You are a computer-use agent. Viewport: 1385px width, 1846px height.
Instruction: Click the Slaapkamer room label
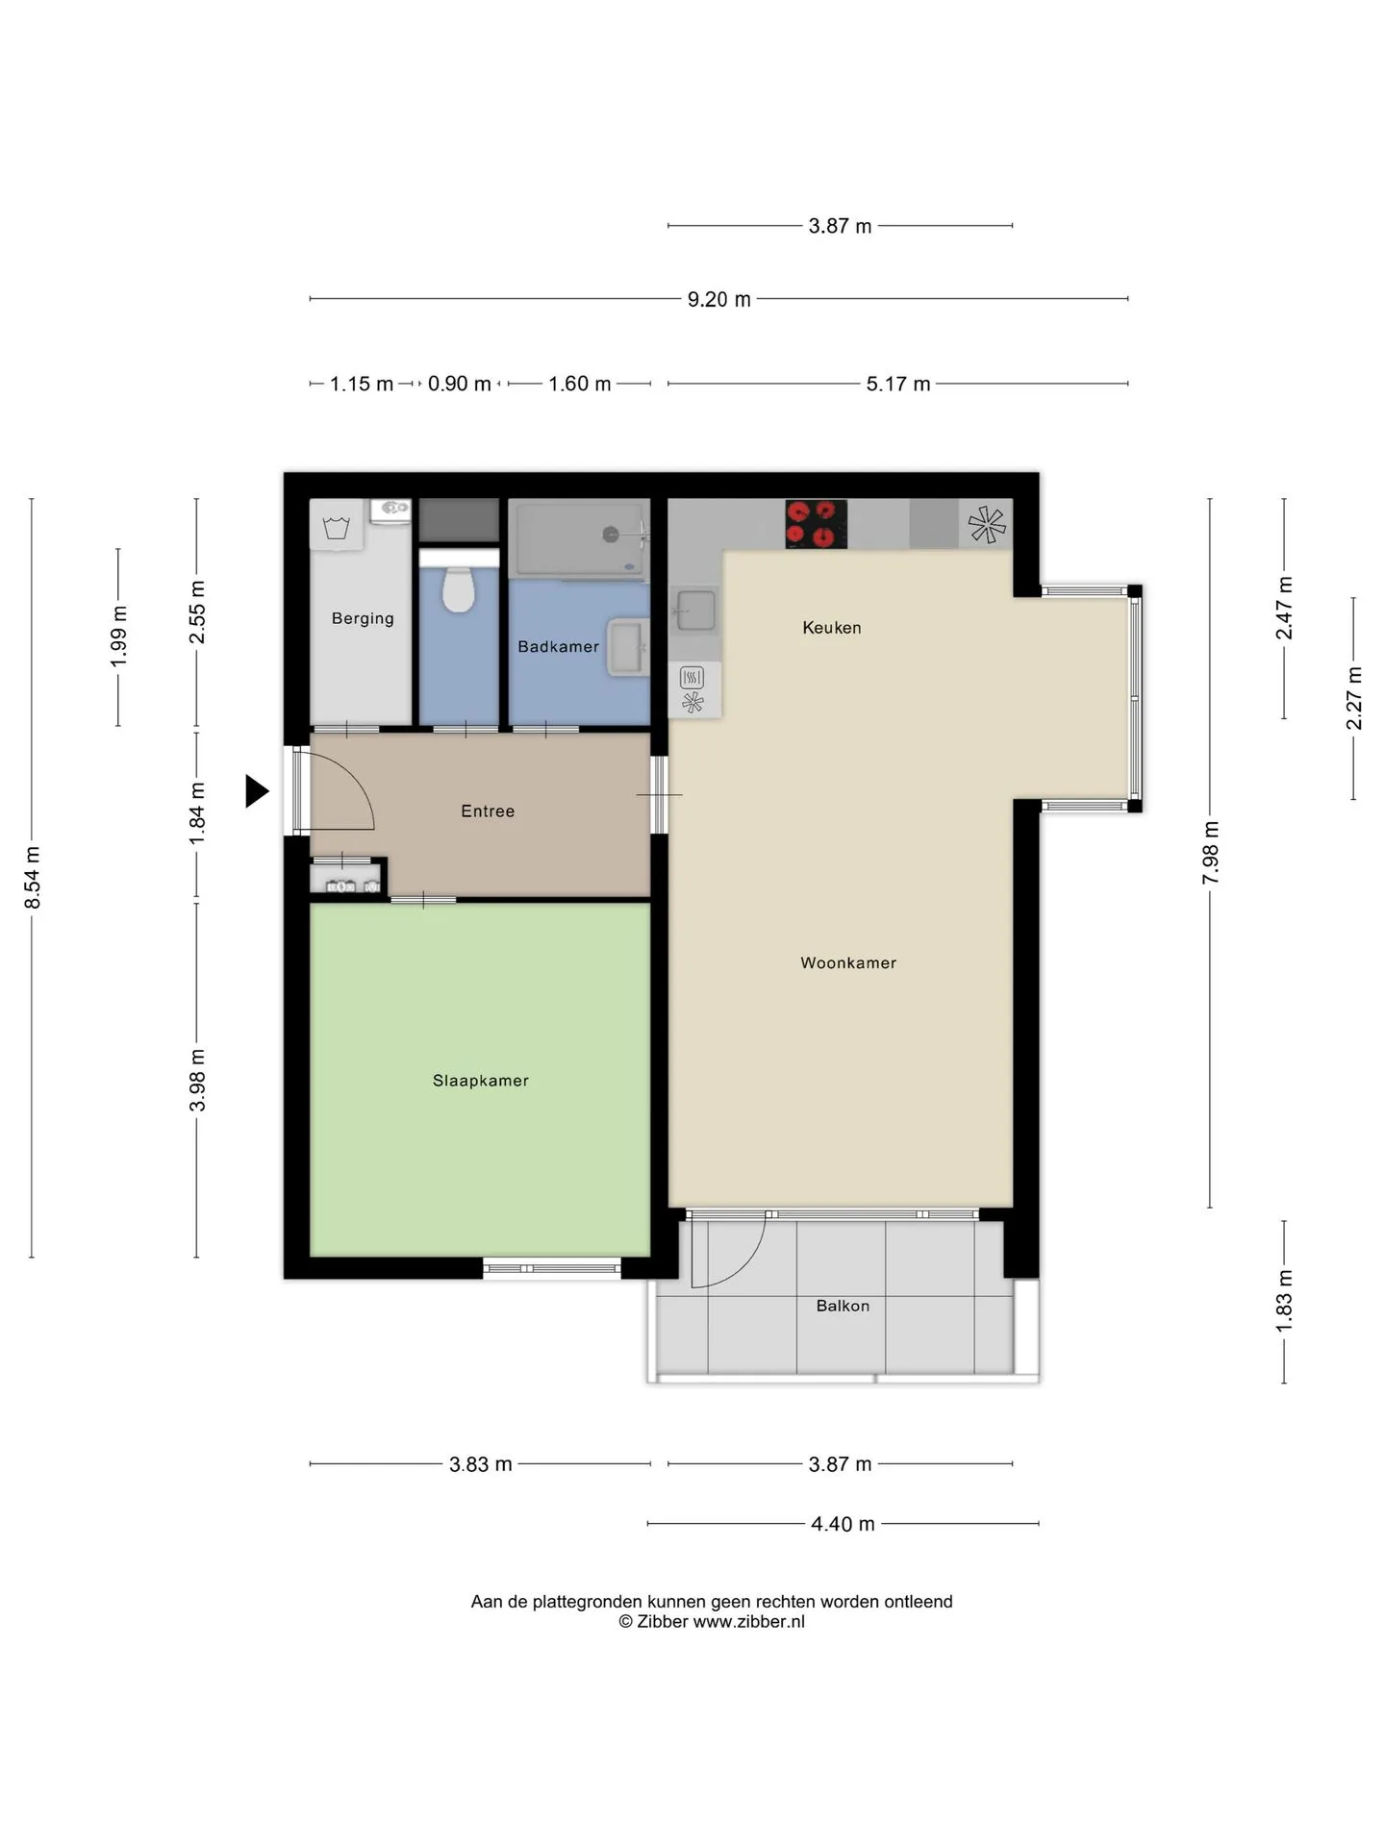[x=480, y=1081]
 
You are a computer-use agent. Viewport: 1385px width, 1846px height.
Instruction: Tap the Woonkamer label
[x=848, y=962]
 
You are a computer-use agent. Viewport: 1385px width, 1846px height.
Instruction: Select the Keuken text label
[x=832, y=628]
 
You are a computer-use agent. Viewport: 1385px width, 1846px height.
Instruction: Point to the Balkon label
[x=843, y=1306]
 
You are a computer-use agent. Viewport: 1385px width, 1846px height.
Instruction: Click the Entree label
[x=488, y=811]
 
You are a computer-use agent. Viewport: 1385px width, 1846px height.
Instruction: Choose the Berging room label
[x=363, y=618]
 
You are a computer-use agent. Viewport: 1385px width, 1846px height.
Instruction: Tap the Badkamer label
[x=558, y=646]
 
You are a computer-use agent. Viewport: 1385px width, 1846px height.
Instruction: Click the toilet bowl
[x=459, y=588]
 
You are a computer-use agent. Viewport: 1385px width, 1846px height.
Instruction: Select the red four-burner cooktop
[x=817, y=524]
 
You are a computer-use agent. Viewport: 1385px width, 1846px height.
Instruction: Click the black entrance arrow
[x=256, y=791]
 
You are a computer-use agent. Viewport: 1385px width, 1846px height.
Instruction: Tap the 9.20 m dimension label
[x=718, y=299]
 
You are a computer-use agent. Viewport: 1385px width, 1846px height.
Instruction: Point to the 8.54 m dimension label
[x=32, y=878]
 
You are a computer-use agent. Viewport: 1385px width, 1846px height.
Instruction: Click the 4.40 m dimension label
[x=843, y=1524]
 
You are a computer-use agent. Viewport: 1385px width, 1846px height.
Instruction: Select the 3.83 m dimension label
[x=480, y=1464]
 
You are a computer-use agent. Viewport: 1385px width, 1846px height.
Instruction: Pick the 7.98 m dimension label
[x=1210, y=854]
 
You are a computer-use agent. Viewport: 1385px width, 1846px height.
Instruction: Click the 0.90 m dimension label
[x=459, y=384]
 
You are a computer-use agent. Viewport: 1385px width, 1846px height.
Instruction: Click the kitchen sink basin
[x=695, y=611]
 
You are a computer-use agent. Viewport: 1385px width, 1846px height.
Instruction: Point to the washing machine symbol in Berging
[x=336, y=526]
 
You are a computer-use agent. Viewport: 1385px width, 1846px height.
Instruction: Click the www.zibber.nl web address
[x=748, y=1621]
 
